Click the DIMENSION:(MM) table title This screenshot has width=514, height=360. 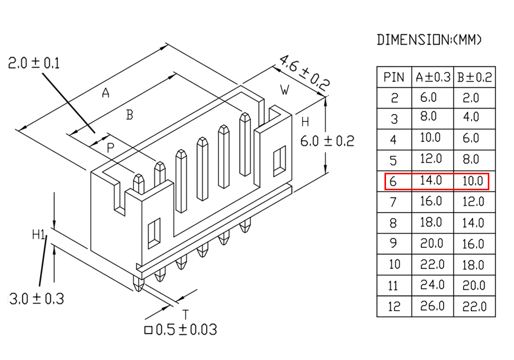pyautogui.click(x=429, y=40)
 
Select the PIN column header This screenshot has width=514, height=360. pyautogui.click(x=394, y=77)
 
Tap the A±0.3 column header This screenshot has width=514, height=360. pyautogui.click(x=433, y=77)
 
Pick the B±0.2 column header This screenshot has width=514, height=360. pyautogui.click(x=474, y=77)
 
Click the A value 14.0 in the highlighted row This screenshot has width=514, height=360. pyautogui.click(x=431, y=181)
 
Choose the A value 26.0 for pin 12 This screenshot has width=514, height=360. pyautogui.click(x=432, y=306)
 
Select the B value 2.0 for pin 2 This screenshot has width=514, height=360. pyautogui.click(x=471, y=98)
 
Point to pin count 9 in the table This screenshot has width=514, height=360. pyautogui.click(x=393, y=243)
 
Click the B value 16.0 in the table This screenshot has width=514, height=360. pyautogui.click(x=473, y=244)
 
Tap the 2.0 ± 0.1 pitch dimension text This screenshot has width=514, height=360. pyautogui.click(x=34, y=63)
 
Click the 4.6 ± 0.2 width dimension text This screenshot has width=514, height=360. pyautogui.click(x=304, y=73)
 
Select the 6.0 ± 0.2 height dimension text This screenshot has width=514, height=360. pyautogui.click(x=327, y=141)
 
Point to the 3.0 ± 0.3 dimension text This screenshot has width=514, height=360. pyautogui.click(x=36, y=299)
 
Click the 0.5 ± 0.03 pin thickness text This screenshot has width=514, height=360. pyautogui.click(x=186, y=330)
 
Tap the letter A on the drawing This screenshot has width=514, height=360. pyautogui.click(x=105, y=93)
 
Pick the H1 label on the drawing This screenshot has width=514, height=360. pyautogui.click(x=39, y=235)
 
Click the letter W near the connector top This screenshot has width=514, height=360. pyautogui.click(x=285, y=89)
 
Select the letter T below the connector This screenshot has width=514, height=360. pyautogui.click(x=186, y=314)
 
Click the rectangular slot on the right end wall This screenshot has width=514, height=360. pyautogui.click(x=279, y=161)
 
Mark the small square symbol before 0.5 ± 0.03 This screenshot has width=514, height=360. pyautogui.click(x=149, y=330)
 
